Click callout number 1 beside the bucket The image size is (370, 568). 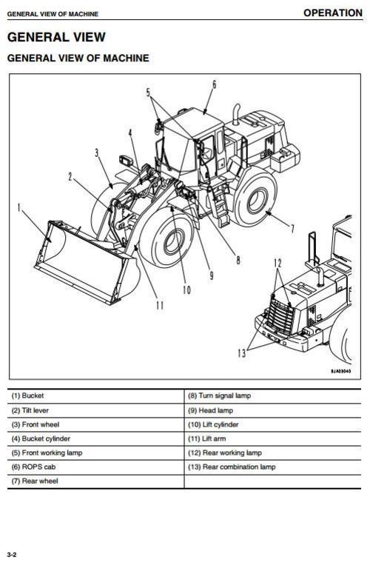coord(20,208)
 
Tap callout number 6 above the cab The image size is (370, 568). coord(215,84)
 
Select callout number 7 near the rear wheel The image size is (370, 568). coord(292,228)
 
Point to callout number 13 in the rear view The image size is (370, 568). coord(241,354)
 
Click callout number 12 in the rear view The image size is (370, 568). coord(277,263)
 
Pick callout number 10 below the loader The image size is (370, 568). coord(186,290)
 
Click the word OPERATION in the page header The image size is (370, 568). coord(332,13)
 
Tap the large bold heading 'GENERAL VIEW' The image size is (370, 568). coord(56,37)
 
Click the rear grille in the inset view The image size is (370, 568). coord(280,319)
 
